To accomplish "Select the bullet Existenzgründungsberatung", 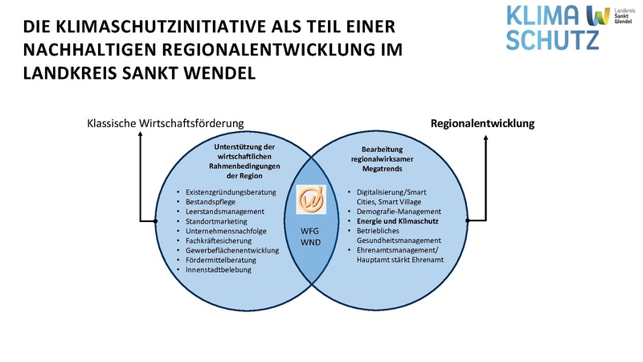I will [231, 192].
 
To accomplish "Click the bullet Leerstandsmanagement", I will [224, 212].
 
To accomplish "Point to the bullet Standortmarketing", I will [219, 221].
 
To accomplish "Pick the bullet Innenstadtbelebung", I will [218, 269].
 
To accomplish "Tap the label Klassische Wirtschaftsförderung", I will [166, 123].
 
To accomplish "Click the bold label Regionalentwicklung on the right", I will [482, 123].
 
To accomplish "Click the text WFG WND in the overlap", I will [310, 235].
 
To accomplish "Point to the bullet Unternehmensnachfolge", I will [227, 231].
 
